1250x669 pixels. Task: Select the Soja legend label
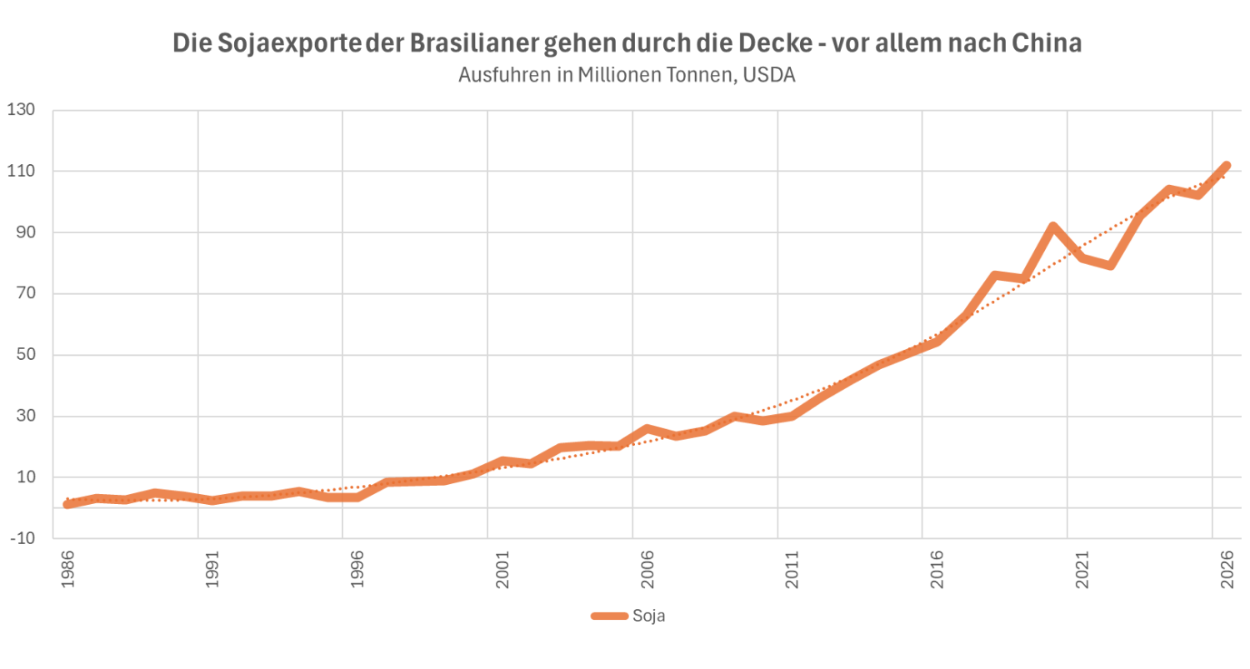click(649, 616)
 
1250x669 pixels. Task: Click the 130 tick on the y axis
click(22, 110)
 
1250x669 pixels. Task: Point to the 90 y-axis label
click(26, 232)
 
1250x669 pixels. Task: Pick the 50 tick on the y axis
click(26, 355)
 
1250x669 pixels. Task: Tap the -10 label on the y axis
click(22, 539)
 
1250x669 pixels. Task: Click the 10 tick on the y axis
click(26, 477)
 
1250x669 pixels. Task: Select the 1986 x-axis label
click(67, 570)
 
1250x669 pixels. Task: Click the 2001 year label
click(502, 570)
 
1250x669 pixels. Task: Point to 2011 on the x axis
click(792, 570)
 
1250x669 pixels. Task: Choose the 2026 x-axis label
click(1227, 570)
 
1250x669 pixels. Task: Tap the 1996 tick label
click(357, 570)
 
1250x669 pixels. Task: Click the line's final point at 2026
click(1226, 166)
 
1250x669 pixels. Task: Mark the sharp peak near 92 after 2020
click(1052, 227)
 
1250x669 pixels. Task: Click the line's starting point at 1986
click(67, 504)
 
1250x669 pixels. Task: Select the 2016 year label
click(937, 570)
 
